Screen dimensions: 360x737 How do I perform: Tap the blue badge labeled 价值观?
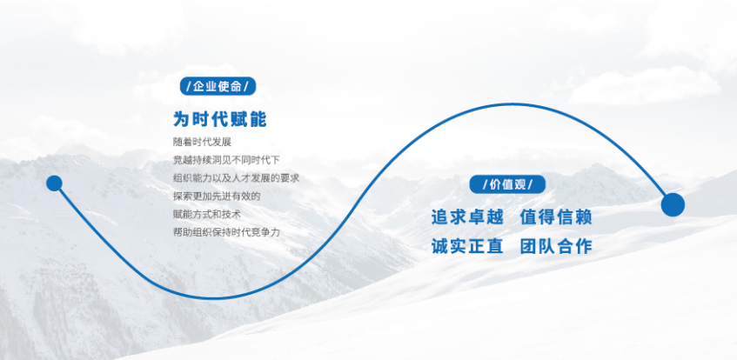507,184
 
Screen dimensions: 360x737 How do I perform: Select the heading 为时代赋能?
219,119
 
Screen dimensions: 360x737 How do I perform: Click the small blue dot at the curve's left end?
54,183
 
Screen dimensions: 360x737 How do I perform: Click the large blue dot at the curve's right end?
673,205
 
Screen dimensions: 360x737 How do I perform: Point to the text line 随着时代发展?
203,142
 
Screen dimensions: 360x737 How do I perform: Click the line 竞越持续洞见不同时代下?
226,160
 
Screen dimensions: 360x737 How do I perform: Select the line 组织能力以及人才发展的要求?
236,178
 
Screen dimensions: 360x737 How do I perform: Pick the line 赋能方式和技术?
207,214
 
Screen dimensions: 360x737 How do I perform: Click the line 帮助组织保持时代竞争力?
226,232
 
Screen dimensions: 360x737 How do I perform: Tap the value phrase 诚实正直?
467,246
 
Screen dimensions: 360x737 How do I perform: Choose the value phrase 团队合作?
556,246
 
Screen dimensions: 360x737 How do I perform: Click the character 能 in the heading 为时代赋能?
257,119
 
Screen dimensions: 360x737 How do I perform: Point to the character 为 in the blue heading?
182,119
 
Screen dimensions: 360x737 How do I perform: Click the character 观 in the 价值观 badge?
530,184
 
